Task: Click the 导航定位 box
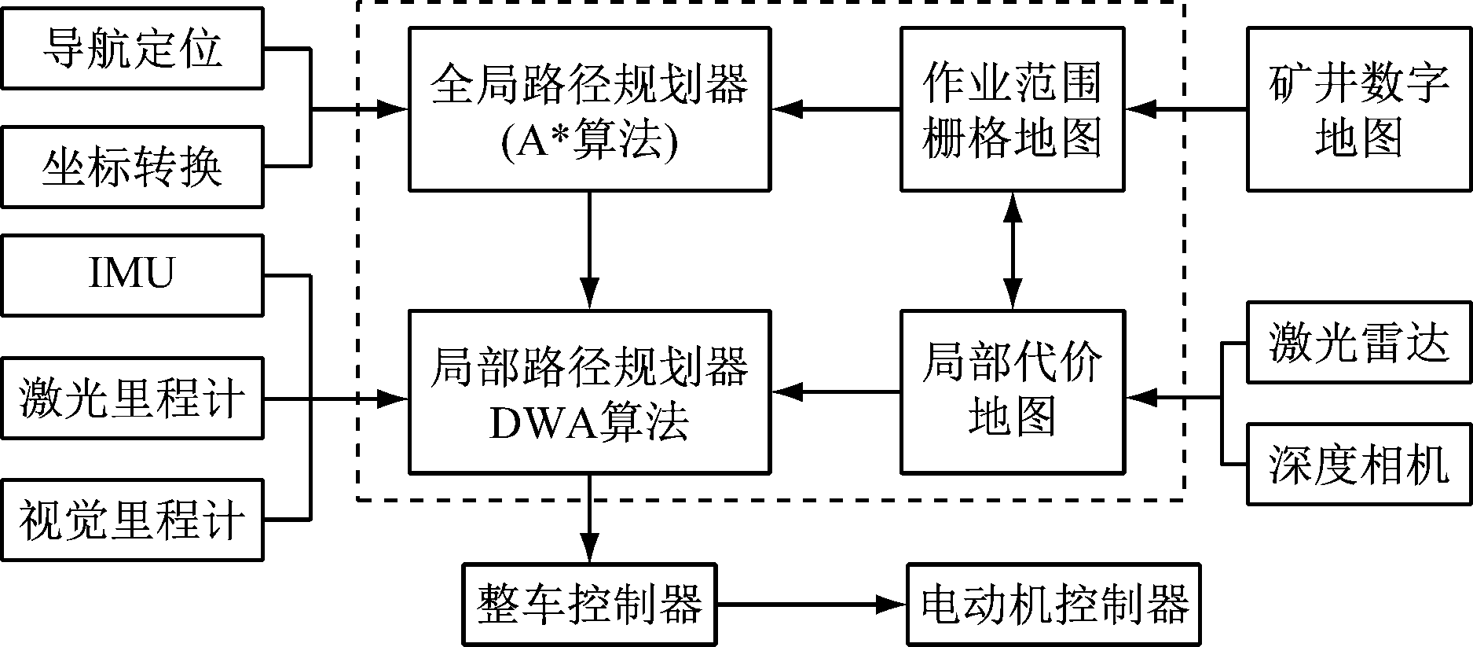click(x=132, y=48)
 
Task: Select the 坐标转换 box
click(x=132, y=167)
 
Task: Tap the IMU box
click(x=132, y=274)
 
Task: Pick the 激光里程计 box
click(x=132, y=398)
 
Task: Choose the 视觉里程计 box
click(x=132, y=520)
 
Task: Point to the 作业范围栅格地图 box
click(x=1013, y=109)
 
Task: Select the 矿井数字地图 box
click(x=1359, y=109)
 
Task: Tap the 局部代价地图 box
click(x=1013, y=391)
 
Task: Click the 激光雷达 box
click(x=1359, y=344)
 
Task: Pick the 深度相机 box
click(x=1359, y=464)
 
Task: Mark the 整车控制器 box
click(x=589, y=605)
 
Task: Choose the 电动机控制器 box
click(x=1053, y=605)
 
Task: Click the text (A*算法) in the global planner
click(x=589, y=142)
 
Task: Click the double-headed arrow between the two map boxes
click(x=1013, y=250)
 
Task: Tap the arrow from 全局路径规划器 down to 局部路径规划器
click(x=589, y=250)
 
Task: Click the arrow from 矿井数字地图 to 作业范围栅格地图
click(x=1186, y=109)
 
